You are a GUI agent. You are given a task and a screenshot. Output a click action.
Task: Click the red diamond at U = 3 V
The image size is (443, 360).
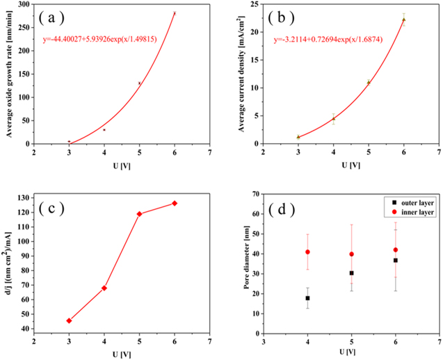69,320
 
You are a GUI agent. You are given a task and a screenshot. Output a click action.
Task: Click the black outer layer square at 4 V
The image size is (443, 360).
307,298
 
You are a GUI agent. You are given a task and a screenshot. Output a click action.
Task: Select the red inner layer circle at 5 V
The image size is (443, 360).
351,254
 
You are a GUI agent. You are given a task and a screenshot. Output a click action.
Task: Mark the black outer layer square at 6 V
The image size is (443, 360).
395,261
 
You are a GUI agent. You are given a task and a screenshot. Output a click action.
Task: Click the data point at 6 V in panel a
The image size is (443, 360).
175,13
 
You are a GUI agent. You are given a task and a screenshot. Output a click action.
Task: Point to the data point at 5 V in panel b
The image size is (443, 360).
369,82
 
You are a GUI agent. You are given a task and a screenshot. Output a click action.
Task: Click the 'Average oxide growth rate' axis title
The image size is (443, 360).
10,74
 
